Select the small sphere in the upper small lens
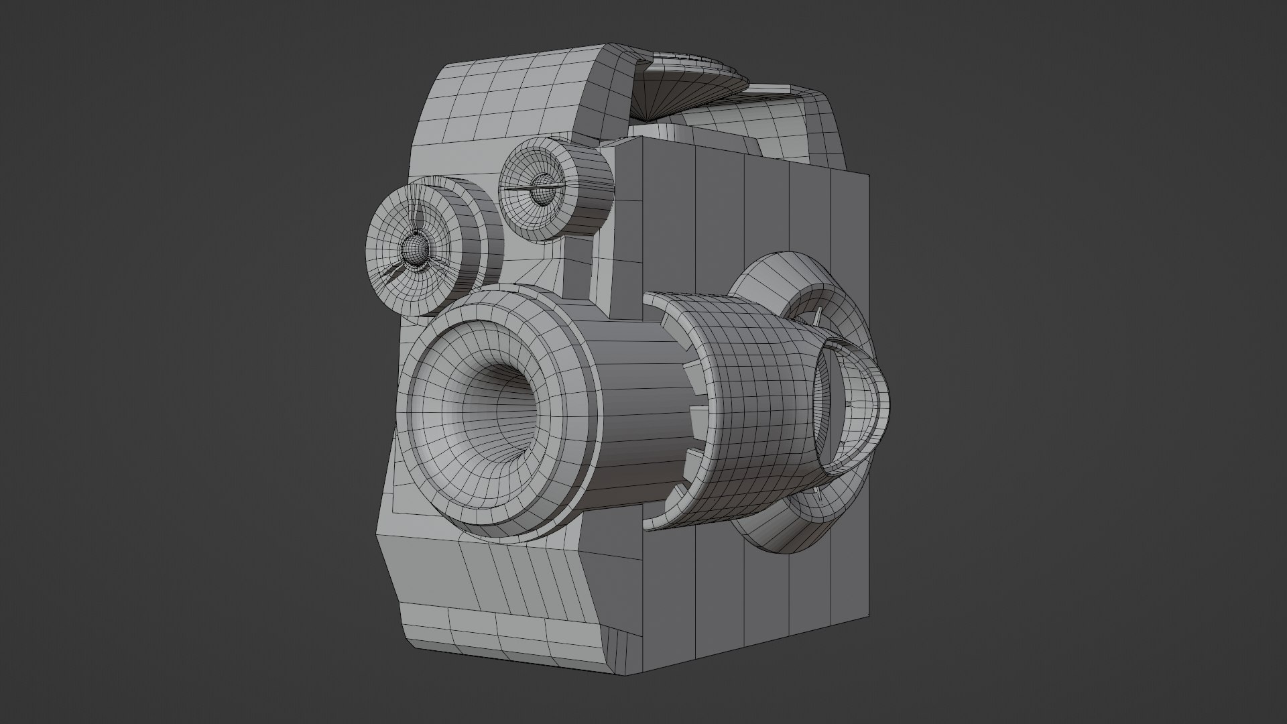point(541,188)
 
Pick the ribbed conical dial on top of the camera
point(690,94)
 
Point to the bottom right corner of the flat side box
point(869,617)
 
